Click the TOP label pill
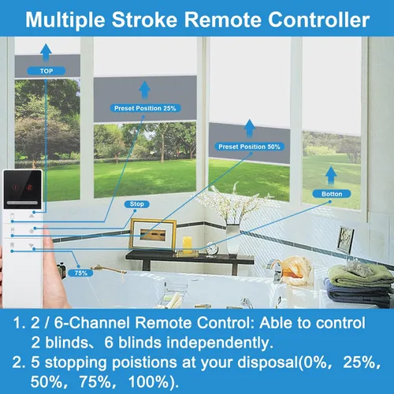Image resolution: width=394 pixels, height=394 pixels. (46, 71)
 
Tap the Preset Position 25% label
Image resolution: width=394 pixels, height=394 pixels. (145, 108)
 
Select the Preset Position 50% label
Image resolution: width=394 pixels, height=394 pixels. (249, 147)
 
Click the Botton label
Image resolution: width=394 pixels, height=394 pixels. (332, 194)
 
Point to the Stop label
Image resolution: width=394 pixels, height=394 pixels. (137, 204)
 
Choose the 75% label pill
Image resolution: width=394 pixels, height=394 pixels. (80, 273)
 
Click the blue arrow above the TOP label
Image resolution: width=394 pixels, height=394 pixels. (46, 53)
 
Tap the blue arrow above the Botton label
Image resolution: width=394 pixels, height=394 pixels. (331, 176)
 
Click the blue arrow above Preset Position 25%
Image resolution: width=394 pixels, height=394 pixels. (144, 90)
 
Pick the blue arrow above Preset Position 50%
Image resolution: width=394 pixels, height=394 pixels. (249, 128)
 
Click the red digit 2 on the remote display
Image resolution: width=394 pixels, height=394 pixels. (29, 187)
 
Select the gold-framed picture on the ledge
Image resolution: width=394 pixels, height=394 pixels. (153, 234)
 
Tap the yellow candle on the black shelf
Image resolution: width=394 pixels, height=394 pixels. (188, 245)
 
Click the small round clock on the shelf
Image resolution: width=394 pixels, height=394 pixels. (212, 248)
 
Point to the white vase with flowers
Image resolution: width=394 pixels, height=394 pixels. (232, 239)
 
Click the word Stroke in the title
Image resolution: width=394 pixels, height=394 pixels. (144, 20)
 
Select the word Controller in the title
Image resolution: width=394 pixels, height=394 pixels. (318, 20)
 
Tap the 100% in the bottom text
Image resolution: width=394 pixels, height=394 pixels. (151, 381)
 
